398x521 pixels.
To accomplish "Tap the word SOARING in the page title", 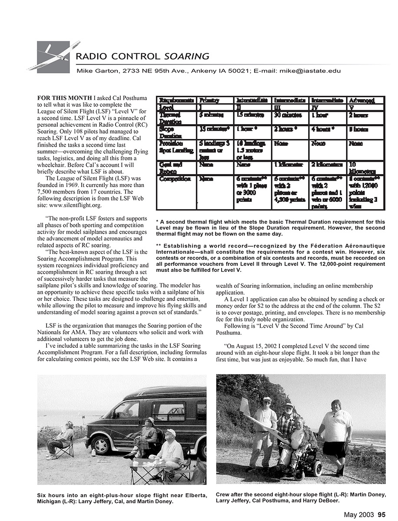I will pyautogui.click(x=187, y=56).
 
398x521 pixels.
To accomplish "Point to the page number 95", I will pyautogui.click(x=381, y=515).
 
